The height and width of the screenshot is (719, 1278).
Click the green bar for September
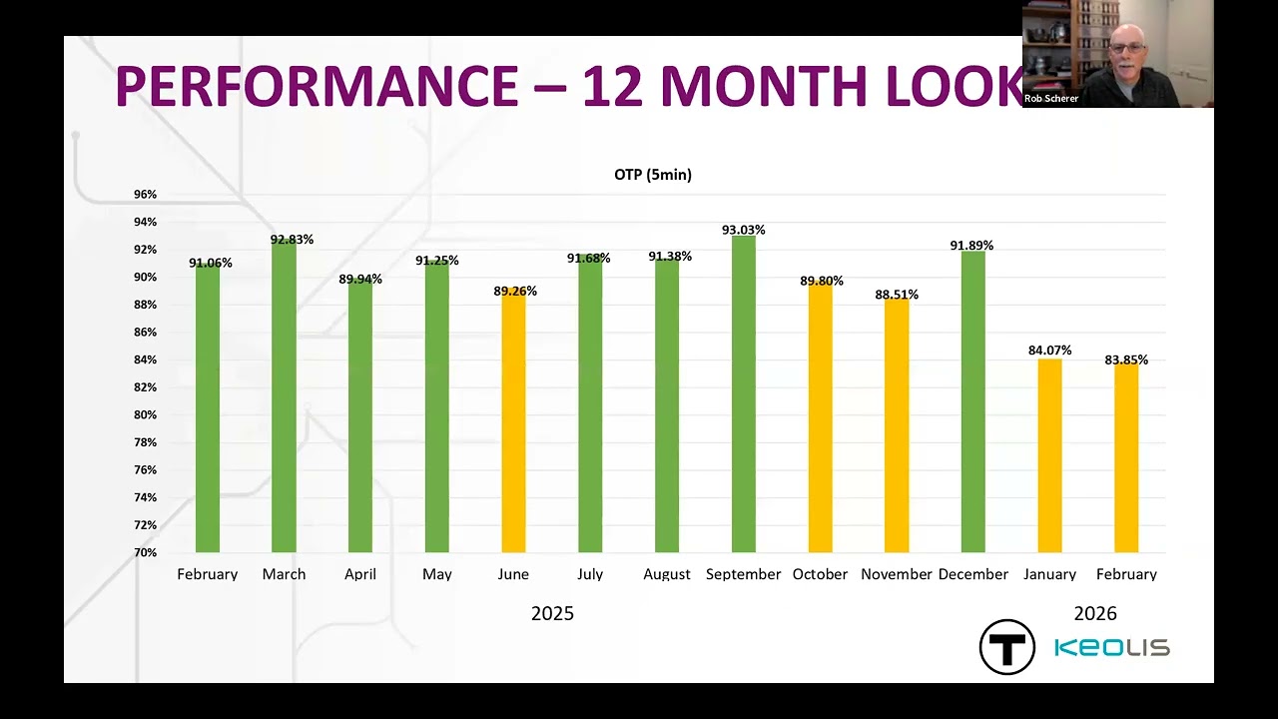744,393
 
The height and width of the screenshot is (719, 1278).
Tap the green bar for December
973,401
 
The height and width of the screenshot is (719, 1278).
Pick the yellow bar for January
1049,456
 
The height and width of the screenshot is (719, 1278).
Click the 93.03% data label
744,230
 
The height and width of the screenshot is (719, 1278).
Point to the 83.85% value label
1126,359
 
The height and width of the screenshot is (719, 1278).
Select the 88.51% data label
897,295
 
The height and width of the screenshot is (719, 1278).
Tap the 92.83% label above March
293,239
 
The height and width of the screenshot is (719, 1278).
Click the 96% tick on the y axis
145,194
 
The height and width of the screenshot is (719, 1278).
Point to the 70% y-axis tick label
145,552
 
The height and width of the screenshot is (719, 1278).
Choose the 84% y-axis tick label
145,359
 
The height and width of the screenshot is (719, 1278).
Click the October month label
820,574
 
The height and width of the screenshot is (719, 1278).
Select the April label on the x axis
360,574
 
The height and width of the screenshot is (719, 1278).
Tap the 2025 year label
552,613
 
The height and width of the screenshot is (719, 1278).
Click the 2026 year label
1095,613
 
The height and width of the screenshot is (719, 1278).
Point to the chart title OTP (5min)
653,175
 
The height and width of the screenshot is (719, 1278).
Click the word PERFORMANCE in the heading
317,86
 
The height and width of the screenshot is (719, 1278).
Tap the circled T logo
1007,647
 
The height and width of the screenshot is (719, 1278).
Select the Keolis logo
1112,648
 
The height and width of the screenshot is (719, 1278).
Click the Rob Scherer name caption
1051,98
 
